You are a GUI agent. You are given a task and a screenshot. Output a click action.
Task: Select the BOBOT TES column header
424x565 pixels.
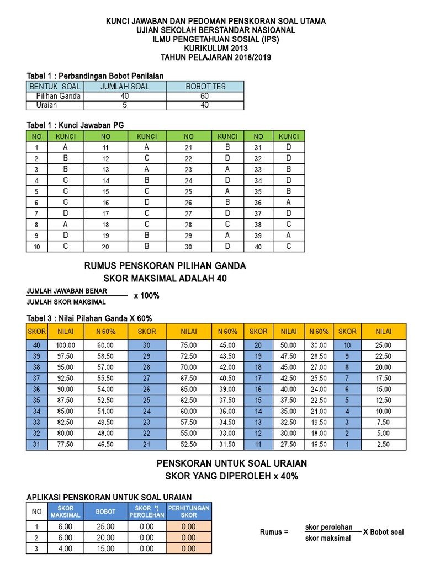pos(205,87)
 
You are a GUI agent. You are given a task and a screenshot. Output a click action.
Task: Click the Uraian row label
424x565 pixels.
pos(47,105)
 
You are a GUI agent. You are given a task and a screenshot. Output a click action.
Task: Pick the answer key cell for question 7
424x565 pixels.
pos(65,214)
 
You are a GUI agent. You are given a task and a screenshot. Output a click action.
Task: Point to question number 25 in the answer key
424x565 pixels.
pos(189,191)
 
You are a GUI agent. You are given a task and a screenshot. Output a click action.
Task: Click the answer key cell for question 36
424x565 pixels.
pos(288,202)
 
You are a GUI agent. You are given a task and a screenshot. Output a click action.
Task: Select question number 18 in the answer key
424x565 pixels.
pos(105,225)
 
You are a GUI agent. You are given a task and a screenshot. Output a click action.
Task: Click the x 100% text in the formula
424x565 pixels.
pos(146,296)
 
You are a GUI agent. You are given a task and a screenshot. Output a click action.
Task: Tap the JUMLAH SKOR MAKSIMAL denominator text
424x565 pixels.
pos(66,302)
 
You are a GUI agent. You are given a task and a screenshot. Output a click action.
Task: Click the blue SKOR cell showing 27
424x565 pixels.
pos(147,379)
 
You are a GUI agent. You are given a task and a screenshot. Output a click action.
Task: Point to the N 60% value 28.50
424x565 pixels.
pos(319,356)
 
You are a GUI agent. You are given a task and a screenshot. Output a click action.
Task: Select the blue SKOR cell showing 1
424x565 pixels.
pos(347,444)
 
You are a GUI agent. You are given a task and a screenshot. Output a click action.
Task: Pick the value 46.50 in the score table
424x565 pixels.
pos(105,444)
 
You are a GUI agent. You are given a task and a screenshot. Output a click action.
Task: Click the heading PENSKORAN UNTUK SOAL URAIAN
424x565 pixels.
pos(232,463)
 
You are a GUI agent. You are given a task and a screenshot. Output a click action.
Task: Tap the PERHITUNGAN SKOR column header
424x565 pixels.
pos(189,511)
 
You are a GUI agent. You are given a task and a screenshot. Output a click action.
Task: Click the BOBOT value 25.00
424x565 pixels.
pos(105,527)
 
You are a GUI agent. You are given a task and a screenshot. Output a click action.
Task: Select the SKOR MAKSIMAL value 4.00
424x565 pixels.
pos(65,549)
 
